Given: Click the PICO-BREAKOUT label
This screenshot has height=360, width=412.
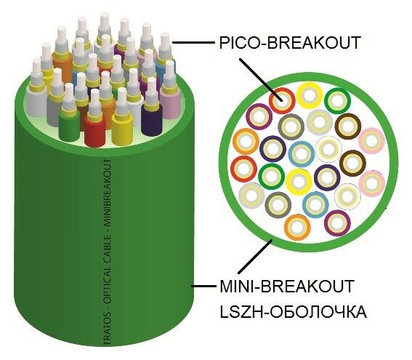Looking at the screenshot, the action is [x=289, y=43].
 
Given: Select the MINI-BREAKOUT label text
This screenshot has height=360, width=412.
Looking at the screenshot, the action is [x=287, y=286].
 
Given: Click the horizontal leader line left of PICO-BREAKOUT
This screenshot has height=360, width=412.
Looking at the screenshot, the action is [x=193, y=42].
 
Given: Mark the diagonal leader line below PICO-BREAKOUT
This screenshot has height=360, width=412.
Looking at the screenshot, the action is [x=260, y=80].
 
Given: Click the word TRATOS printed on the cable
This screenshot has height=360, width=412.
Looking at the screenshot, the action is [x=108, y=332].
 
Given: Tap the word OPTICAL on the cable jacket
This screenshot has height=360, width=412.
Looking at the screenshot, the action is [x=108, y=292].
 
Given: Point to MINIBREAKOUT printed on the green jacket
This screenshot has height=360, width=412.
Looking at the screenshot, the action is [x=108, y=195].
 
